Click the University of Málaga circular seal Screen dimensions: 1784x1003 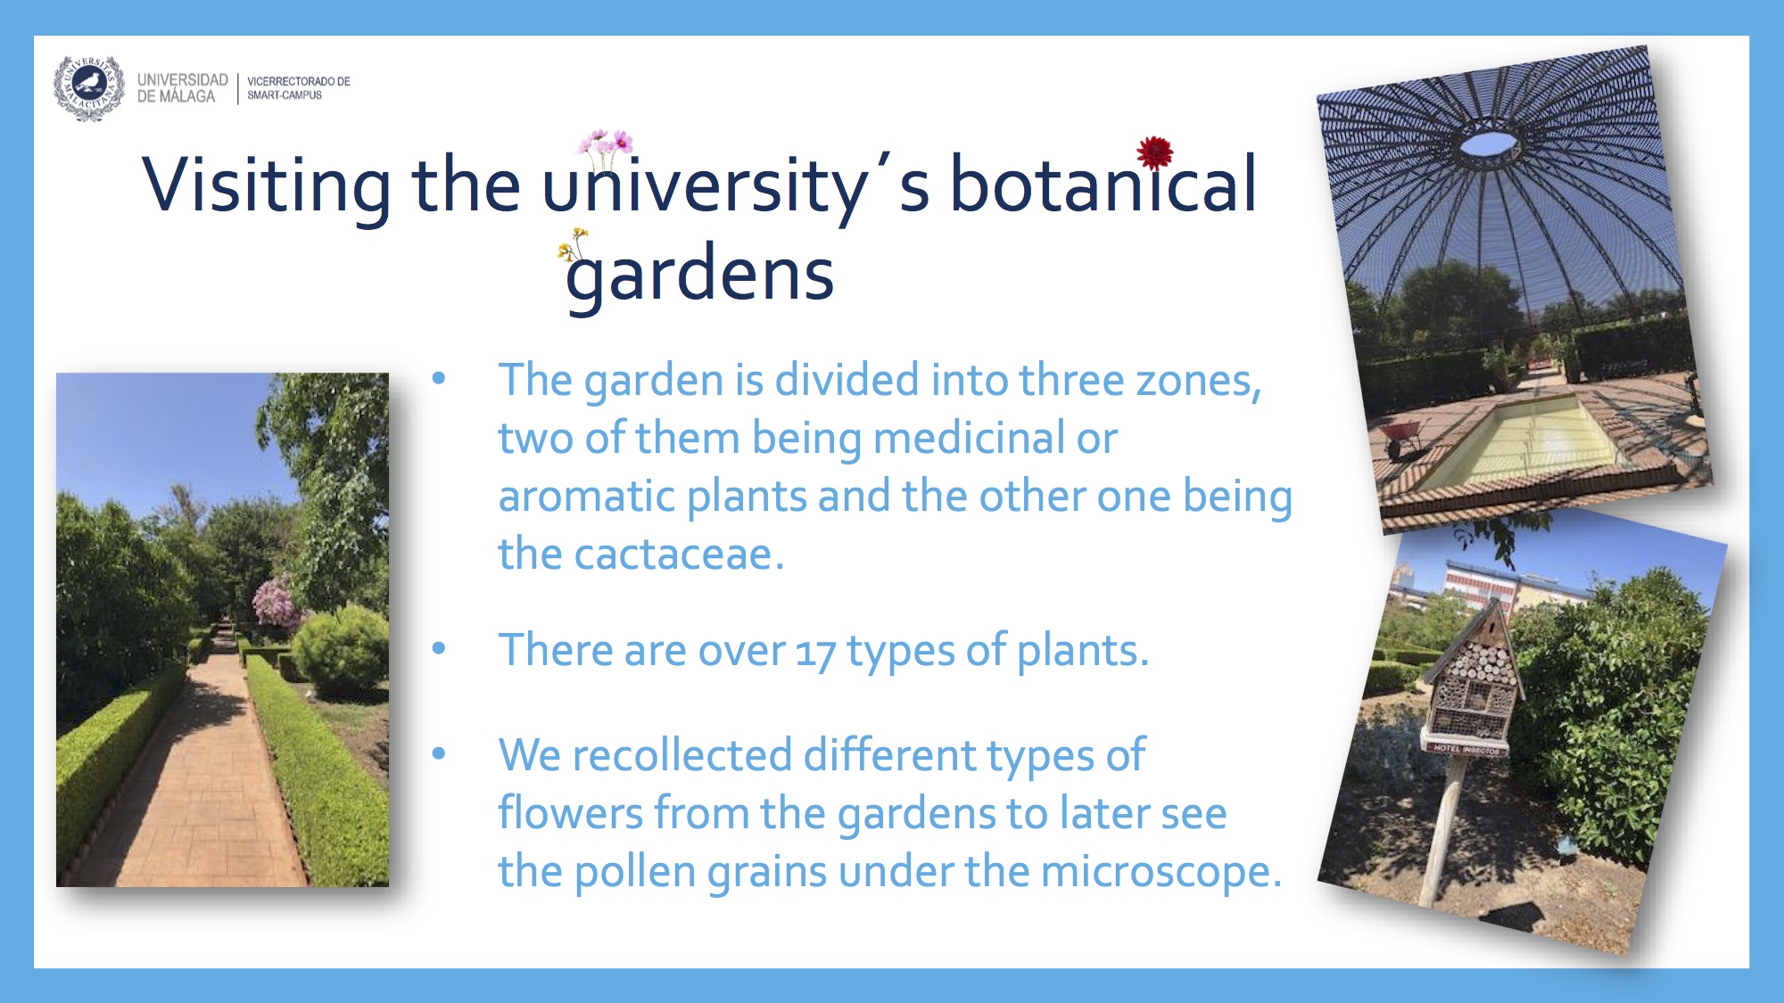click(88, 87)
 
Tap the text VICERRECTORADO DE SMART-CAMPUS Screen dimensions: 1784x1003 click(299, 87)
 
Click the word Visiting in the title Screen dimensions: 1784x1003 click(266, 185)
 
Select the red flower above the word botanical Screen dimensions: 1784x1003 click(1155, 152)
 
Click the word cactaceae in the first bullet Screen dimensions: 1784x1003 click(679, 555)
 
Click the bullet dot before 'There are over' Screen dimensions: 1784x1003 click(438, 648)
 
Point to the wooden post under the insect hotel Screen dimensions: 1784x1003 click(1442, 829)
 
